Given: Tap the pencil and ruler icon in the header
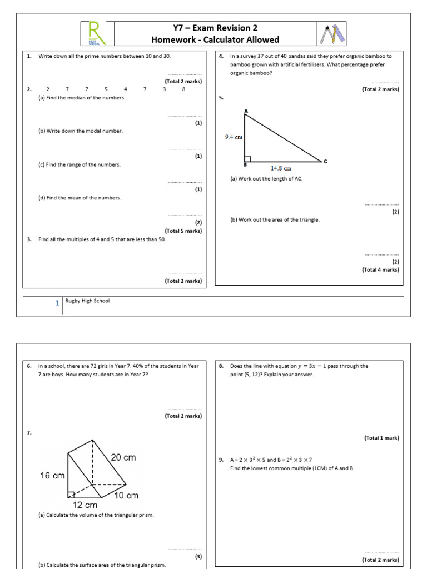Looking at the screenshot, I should point(332,33).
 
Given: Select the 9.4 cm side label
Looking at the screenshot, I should point(234,137).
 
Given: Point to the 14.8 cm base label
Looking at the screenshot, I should point(281,168).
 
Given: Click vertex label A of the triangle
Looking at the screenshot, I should point(245,111).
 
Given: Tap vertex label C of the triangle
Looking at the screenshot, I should point(325,162).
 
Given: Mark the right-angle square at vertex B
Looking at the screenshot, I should point(247,159).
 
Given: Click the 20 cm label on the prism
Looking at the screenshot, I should point(122,457).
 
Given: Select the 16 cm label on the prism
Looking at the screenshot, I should point(52,476).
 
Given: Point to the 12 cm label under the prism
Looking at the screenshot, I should point(85,505).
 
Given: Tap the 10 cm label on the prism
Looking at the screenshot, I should point(126,495).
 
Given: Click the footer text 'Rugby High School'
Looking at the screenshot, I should point(87,301).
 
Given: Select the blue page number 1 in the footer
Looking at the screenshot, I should point(57,303).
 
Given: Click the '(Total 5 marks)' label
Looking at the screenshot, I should point(183,231).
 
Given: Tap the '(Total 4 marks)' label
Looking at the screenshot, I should point(380,269).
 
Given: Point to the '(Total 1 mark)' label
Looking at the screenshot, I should point(381,438).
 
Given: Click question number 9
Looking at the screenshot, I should point(221,460).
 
